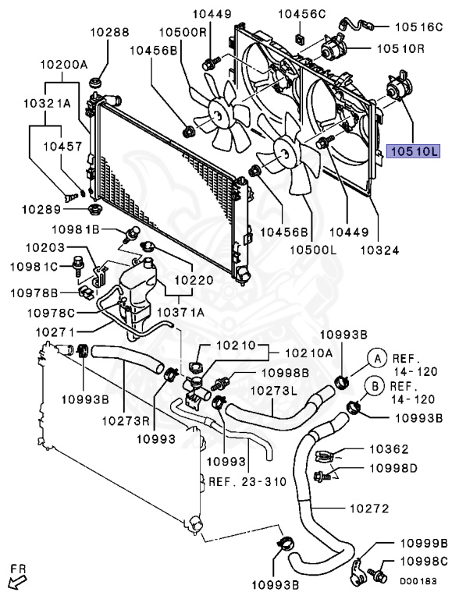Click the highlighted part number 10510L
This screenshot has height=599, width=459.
click(x=416, y=151)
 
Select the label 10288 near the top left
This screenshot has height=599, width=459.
click(x=109, y=33)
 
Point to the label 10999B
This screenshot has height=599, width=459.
click(x=423, y=543)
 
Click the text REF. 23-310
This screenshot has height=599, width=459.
click(x=247, y=482)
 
